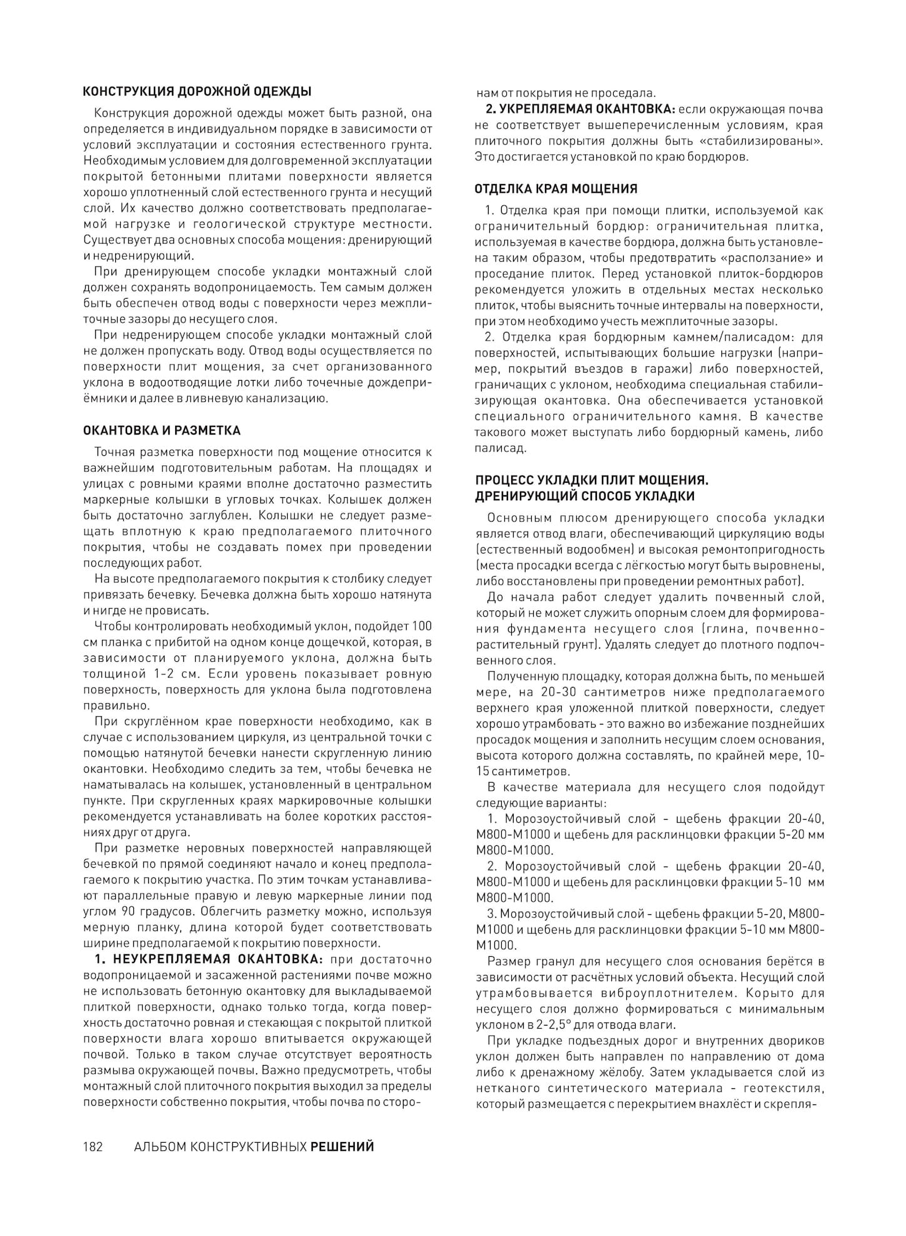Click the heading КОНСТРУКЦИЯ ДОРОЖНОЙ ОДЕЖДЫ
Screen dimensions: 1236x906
(x=197, y=91)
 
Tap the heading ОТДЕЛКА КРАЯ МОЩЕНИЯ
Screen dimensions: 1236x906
(x=556, y=188)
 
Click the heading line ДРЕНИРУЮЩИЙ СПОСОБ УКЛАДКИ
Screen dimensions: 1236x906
(x=585, y=496)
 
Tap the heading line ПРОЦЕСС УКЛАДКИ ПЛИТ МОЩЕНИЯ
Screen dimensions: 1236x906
(x=591, y=480)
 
